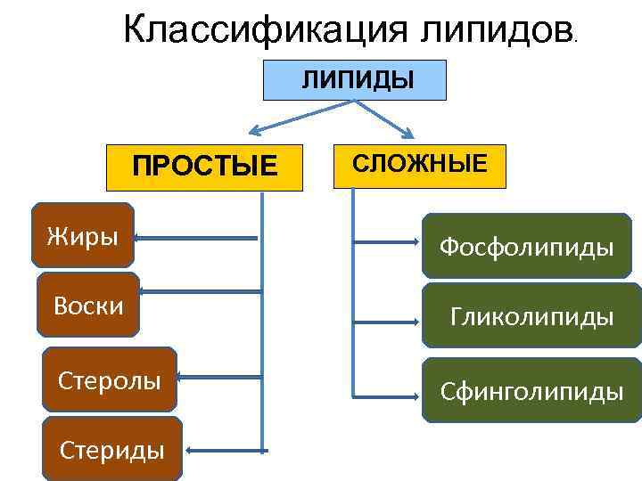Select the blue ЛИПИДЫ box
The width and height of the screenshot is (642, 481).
(356, 79)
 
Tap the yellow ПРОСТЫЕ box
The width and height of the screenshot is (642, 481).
(204, 167)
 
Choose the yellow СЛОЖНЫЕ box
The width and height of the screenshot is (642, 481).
(418, 165)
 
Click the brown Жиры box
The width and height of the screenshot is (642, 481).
(82, 236)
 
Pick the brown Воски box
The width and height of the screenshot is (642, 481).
(88, 305)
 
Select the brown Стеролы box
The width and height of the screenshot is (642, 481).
(109, 380)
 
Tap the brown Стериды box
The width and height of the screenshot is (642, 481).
(111, 449)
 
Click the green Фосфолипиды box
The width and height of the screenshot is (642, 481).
(526, 246)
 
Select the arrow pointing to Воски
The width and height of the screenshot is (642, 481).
(201, 291)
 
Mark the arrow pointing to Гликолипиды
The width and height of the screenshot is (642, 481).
(387, 316)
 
